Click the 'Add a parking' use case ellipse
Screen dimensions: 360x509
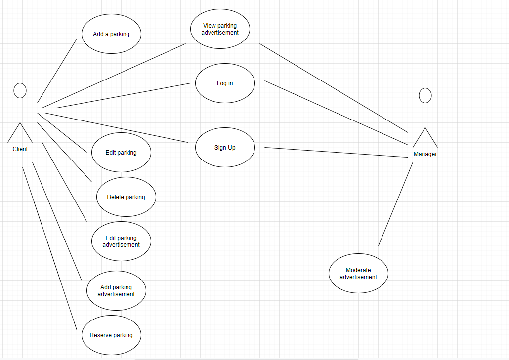point(111,34)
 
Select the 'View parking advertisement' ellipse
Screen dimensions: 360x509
point(220,29)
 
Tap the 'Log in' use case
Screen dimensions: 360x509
point(225,83)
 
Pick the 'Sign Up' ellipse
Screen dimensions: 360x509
point(225,148)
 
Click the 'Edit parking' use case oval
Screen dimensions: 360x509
point(121,153)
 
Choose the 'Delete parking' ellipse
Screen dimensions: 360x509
point(126,197)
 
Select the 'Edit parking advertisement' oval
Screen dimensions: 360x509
point(121,241)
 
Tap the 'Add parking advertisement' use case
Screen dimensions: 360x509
point(116,291)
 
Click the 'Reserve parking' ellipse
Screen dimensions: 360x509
point(111,335)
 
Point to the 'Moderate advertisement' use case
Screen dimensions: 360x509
point(358,274)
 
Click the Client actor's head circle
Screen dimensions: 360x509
point(20,90)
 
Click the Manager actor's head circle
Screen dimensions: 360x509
point(425,95)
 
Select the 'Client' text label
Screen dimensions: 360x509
point(20,149)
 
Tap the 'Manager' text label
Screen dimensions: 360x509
point(425,154)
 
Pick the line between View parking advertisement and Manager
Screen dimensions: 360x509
point(334,88)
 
